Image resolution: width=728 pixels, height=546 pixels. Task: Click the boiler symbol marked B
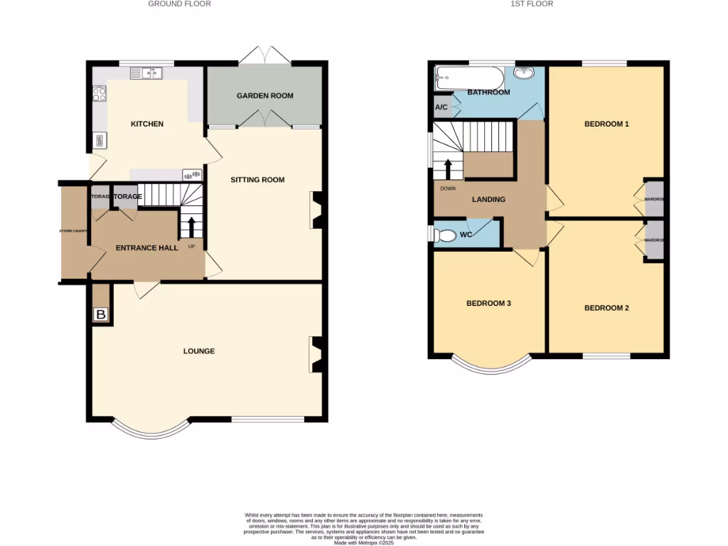101,314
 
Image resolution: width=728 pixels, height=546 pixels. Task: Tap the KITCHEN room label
147,124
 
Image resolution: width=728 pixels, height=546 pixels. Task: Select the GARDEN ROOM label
264,96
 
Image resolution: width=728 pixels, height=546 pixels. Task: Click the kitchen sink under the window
146,73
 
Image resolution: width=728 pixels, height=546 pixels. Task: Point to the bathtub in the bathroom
470,77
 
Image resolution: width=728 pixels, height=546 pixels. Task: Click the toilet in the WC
445,235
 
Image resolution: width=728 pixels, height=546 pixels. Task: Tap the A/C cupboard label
441,107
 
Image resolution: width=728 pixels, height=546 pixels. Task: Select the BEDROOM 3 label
488,304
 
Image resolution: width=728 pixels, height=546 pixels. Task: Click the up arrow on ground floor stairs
191,227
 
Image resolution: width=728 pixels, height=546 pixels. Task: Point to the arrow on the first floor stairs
448,169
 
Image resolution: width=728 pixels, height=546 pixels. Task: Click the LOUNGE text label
199,351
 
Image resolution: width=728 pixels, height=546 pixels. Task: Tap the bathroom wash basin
525,73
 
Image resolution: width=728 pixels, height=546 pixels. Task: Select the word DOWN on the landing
448,188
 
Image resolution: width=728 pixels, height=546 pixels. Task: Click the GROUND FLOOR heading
179,4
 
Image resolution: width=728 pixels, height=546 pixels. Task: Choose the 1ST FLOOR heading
532,4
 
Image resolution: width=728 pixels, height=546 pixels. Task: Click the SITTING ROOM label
257,180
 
